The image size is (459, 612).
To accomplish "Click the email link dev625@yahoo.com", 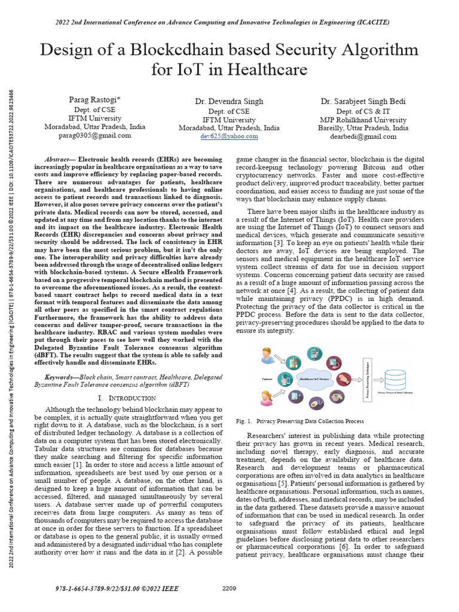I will click(229, 136).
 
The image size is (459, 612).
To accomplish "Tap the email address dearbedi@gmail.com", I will click(363, 136).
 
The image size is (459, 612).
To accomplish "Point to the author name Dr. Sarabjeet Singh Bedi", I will click(363, 102).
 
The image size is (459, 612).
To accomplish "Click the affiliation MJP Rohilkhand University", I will click(363, 120).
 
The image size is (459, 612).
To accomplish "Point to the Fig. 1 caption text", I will click(300, 421).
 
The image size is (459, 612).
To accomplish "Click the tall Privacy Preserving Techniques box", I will click(362, 380).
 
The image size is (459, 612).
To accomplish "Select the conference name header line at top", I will click(229, 22).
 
